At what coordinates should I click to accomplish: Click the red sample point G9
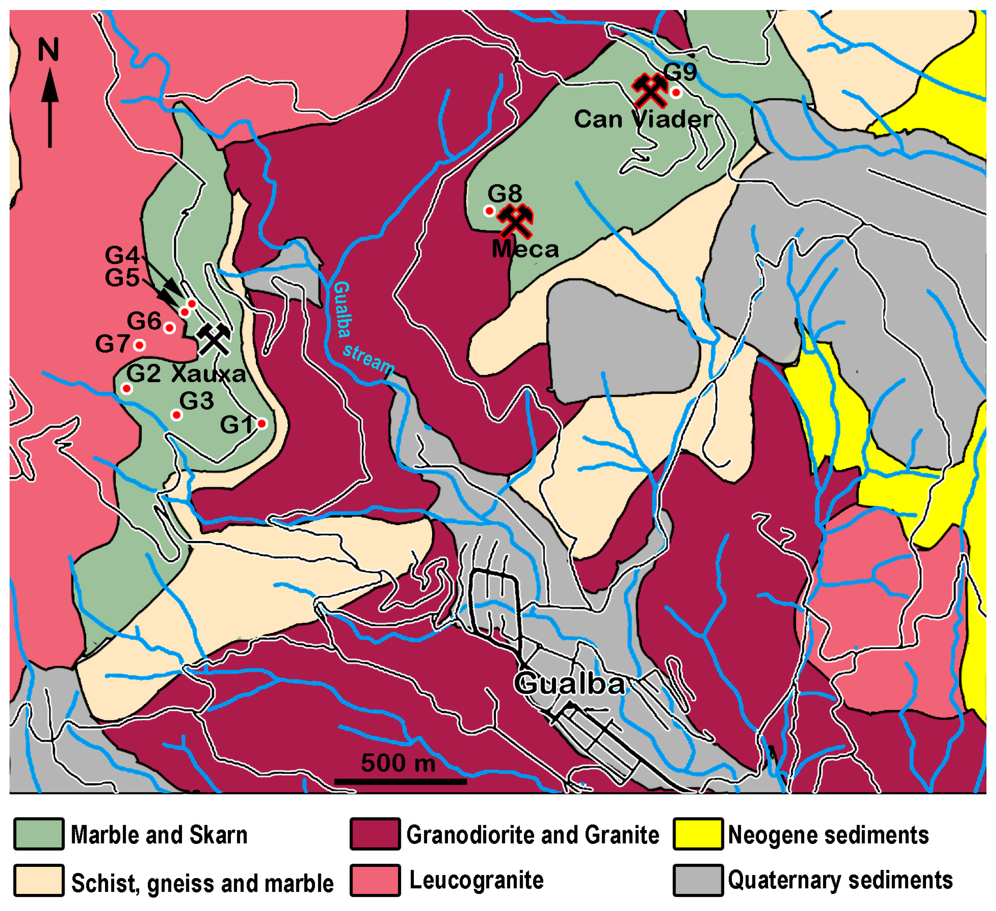tap(676, 93)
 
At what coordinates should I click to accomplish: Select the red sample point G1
tap(262, 423)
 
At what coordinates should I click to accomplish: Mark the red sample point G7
tap(139, 345)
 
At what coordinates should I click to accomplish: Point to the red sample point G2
tap(126, 389)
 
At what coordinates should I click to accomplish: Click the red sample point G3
tap(176, 415)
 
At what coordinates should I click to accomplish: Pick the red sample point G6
tap(170, 328)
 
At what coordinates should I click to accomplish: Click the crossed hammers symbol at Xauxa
tap(213, 339)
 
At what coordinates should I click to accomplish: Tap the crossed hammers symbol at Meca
tap(515, 221)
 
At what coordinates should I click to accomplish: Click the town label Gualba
tap(569, 684)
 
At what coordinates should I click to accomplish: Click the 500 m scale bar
tap(400, 781)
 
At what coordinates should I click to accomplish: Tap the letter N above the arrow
tap(49, 50)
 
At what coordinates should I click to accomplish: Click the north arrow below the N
tap(50, 109)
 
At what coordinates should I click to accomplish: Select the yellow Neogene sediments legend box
tap(698, 834)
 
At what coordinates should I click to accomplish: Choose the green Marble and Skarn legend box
tap(38, 834)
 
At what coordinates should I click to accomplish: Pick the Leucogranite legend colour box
tap(375, 881)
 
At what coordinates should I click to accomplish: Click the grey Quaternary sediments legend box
tap(698, 881)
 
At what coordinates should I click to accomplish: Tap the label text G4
tap(122, 255)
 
